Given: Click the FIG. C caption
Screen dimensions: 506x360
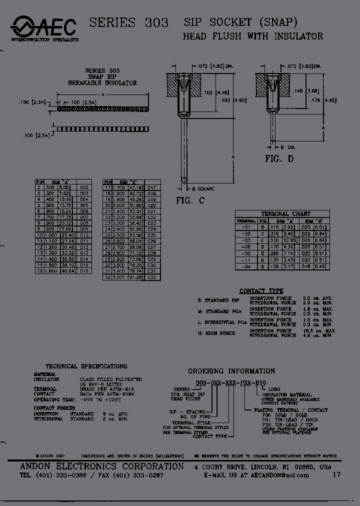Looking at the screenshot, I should pyautogui.click(x=190, y=200).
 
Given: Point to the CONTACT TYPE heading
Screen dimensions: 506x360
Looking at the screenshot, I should pyautogui.click(x=261, y=290).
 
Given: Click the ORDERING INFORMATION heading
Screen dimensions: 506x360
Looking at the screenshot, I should pyautogui.click(x=231, y=371).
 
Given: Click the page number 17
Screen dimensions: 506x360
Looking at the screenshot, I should pyautogui.click(x=336, y=474).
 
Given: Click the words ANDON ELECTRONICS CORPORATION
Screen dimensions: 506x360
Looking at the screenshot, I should pyautogui.click(x=101, y=466).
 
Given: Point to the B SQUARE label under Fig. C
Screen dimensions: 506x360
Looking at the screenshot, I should pyautogui.click(x=203, y=188).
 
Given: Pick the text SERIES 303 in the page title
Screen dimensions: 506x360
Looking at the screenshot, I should pyautogui.click(x=128, y=22).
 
